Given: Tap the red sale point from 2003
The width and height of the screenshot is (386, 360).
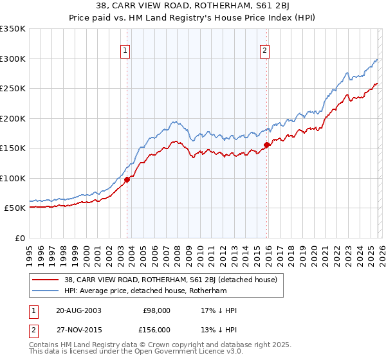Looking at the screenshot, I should pyautogui.click(x=127, y=179).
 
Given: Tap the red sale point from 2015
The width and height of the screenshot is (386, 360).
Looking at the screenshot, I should pyautogui.click(x=266, y=145).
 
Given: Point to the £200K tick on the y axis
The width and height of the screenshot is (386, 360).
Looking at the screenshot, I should pyautogui.click(x=13, y=118).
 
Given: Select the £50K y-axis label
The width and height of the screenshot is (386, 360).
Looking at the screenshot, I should pyautogui.click(x=15, y=208).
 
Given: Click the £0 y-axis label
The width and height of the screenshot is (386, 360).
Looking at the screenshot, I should pyautogui.click(x=21, y=238).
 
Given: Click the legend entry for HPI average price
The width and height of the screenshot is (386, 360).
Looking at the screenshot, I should pyautogui.click(x=155, y=291).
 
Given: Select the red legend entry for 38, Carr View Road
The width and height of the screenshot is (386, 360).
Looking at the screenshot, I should pyautogui.click(x=170, y=280).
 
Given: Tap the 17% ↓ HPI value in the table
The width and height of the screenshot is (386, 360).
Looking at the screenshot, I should pyautogui.click(x=219, y=310).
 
